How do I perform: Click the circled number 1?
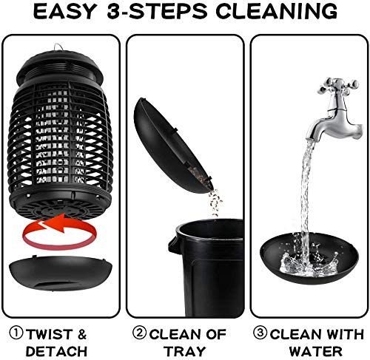click(x=16, y=332)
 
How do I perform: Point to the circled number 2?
click(x=138, y=332)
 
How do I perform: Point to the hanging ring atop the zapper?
click(x=58, y=46)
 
